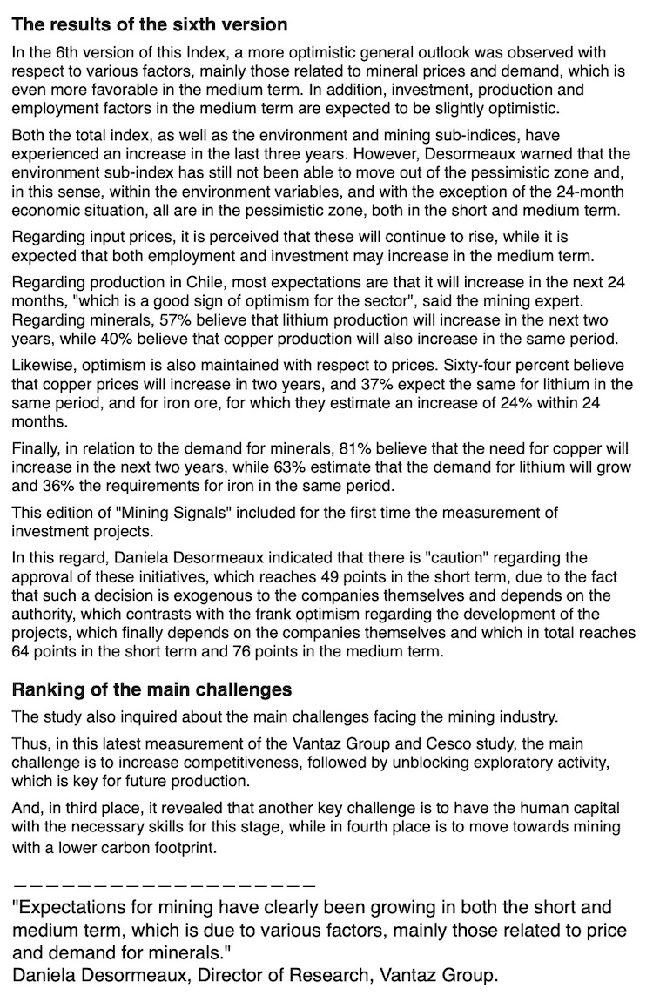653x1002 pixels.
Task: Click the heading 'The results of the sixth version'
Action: [150, 24]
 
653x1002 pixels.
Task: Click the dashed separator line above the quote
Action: [164, 884]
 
